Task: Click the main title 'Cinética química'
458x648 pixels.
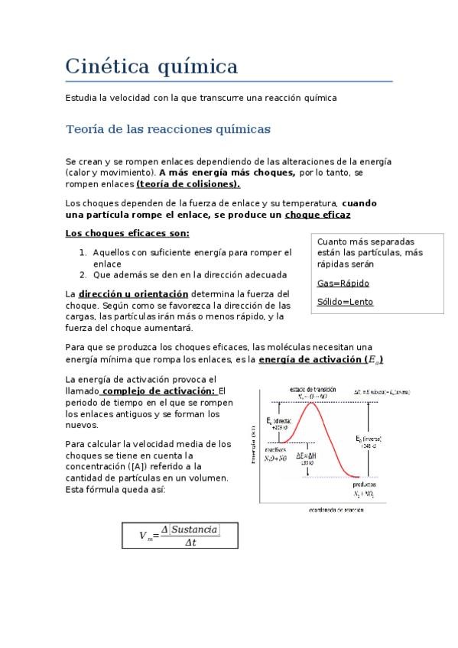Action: [x=151, y=66]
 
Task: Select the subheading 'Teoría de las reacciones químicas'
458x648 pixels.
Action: [x=168, y=129]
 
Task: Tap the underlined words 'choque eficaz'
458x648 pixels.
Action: [x=317, y=215]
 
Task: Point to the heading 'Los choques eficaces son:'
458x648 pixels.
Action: [x=128, y=233]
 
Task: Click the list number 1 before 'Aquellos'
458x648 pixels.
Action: [x=83, y=252]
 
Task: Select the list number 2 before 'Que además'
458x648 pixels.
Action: [x=83, y=274]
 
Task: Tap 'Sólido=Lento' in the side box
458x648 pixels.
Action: [x=345, y=302]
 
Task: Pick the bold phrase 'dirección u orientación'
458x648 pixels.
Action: [x=133, y=293]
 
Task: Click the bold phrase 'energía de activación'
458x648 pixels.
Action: [x=310, y=359]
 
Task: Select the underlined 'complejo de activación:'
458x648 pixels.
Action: [x=158, y=390]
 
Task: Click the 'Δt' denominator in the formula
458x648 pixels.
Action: [x=190, y=543]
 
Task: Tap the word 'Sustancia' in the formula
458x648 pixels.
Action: [x=194, y=529]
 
